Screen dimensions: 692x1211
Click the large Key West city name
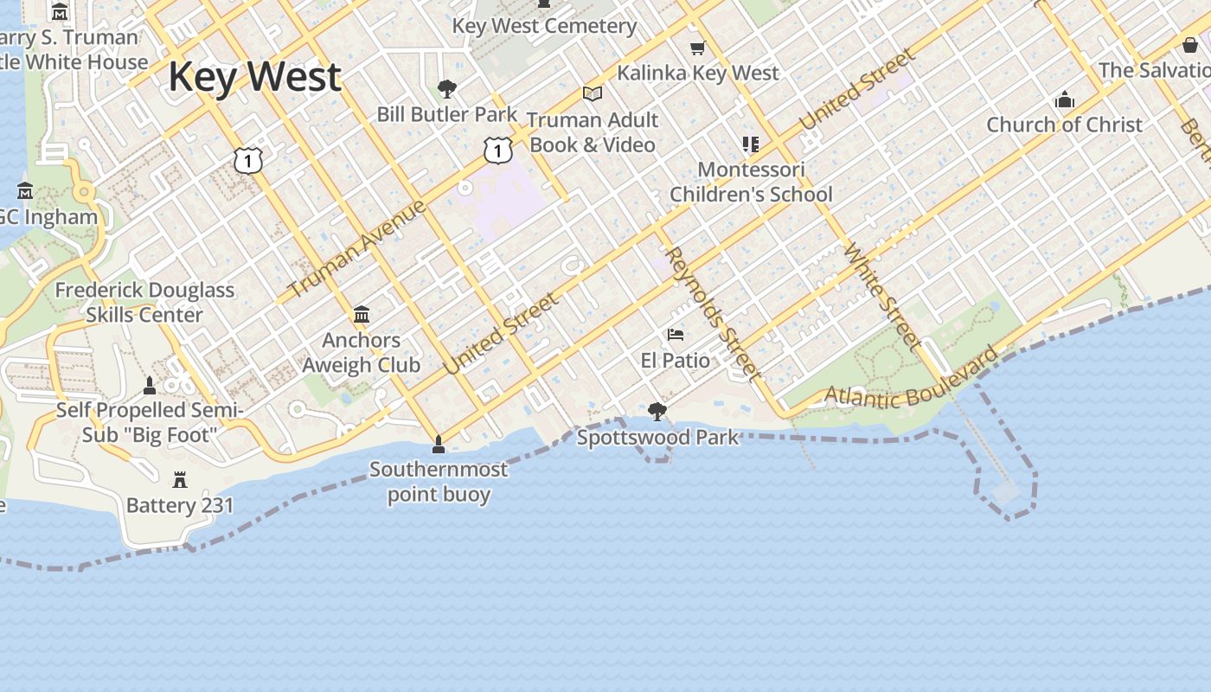click(254, 76)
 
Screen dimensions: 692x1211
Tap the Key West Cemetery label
click(544, 26)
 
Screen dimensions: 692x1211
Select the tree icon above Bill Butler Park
click(447, 88)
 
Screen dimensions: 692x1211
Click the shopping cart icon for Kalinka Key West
click(697, 48)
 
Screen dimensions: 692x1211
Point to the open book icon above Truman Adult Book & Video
click(593, 93)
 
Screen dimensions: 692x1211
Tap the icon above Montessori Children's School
click(750, 144)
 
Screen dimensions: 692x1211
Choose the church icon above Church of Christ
click(1065, 100)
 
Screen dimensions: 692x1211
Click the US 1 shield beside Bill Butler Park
click(497, 151)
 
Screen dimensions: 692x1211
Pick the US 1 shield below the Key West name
click(247, 159)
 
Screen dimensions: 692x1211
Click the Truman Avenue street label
click(357, 248)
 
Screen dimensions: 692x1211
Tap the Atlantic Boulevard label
click(911, 380)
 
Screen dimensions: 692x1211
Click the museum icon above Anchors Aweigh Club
click(362, 314)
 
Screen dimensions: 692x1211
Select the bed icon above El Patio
click(676, 335)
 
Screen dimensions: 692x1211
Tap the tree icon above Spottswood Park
click(657, 411)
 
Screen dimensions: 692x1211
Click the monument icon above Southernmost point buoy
click(439, 445)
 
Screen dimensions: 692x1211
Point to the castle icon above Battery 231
click(180, 479)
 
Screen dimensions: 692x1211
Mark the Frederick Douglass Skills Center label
click(144, 302)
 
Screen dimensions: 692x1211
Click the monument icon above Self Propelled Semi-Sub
click(150, 385)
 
